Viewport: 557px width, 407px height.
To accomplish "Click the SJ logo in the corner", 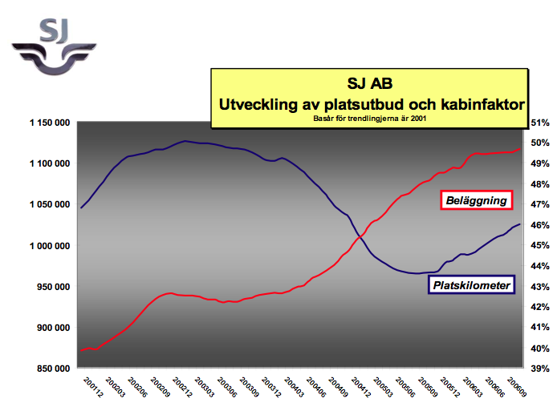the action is (x=54, y=46).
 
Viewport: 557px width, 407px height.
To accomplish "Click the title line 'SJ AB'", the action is (x=370, y=83).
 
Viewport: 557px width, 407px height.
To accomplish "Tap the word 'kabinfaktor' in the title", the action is (x=482, y=105).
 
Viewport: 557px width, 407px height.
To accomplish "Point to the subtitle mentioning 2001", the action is (x=369, y=119).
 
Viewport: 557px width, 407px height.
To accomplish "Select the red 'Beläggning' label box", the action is (x=477, y=200).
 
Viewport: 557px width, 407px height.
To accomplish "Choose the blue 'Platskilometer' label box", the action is (x=471, y=285).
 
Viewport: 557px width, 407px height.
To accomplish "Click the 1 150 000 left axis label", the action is (x=50, y=123).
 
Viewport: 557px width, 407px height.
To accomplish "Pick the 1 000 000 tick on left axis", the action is (x=50, y=246).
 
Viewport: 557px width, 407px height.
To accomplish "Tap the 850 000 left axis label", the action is (x=53, y=369).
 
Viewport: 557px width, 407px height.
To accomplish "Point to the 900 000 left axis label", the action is (x=53, y=328).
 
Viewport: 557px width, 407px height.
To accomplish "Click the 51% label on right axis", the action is (x=540, y=123).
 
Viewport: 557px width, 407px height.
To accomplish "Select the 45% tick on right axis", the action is (x=540, y=245).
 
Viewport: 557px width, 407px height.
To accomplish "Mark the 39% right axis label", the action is (x=540, y=369).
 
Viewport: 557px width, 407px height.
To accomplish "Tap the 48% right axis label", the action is (x=540, y=184).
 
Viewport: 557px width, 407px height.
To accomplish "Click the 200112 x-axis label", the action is (x=93, y=387).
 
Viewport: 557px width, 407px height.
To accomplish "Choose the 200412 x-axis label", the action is (x=361, y=387).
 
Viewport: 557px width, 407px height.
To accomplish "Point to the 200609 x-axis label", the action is (x=517, y=387).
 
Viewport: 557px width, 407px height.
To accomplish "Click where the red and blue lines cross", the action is (x=360, y=236).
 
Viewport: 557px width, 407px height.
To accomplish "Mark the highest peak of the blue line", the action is (x=185, y=141).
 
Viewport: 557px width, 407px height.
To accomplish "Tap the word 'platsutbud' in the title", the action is (x=362, y=105).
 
